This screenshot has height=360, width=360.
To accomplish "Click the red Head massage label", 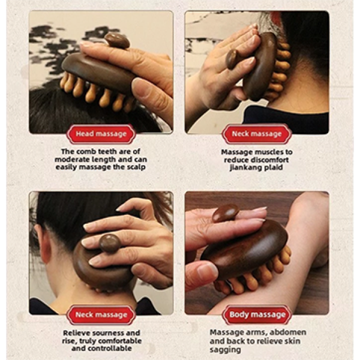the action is (101, 134).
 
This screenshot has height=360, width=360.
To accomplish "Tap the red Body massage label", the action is (257, 314).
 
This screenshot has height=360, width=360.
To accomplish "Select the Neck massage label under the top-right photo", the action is (257, 134).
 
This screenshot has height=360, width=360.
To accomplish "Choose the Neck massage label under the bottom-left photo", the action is (101, 314).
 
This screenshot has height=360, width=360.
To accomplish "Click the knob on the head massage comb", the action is (117, 40).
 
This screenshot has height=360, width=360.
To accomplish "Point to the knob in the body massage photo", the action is (226, 213).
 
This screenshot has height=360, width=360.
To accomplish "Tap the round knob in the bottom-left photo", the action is (110, 244).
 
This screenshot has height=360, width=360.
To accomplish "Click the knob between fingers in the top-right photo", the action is (232, 59).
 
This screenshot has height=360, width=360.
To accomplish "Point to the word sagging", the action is (225, 350).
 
